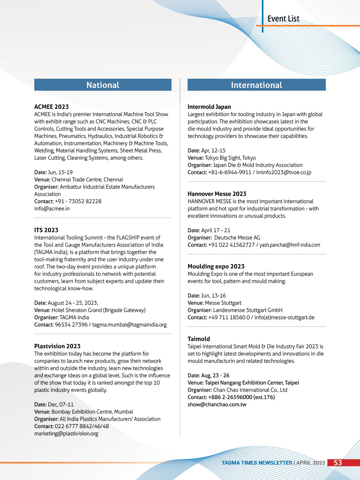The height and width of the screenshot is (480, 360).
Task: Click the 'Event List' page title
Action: [283, 19]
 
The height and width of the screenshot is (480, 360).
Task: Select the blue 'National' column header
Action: [103, 85]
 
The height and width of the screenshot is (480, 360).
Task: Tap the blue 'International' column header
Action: [256, 85]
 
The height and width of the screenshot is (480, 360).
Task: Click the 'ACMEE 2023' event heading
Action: [51, 107]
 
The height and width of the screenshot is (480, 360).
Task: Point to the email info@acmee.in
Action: [52, 209]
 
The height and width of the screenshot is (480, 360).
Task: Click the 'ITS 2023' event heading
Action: [46, 230]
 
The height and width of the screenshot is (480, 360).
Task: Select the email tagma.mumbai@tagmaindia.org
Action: [129, 325]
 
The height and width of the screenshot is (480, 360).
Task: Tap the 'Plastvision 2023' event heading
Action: [57, 346]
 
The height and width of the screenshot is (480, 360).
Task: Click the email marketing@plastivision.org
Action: [66, 434]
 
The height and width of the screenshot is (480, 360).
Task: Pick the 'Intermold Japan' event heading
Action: [209, 107]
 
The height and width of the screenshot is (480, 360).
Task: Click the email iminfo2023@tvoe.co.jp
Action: [284, 172]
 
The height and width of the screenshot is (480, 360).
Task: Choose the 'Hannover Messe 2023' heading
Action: [217, 194]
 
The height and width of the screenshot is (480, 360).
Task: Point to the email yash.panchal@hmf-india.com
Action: [290, 245]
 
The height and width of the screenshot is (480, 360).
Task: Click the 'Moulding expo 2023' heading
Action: [216, 266]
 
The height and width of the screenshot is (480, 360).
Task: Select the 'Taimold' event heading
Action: [199, 339]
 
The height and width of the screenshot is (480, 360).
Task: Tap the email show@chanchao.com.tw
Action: [217, 405]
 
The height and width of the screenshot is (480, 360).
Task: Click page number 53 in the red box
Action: [338, 463]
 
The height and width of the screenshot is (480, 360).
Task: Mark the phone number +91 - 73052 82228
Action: [78, 201]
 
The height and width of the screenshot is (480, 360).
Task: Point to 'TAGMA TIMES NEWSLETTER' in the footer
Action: [257, 463]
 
